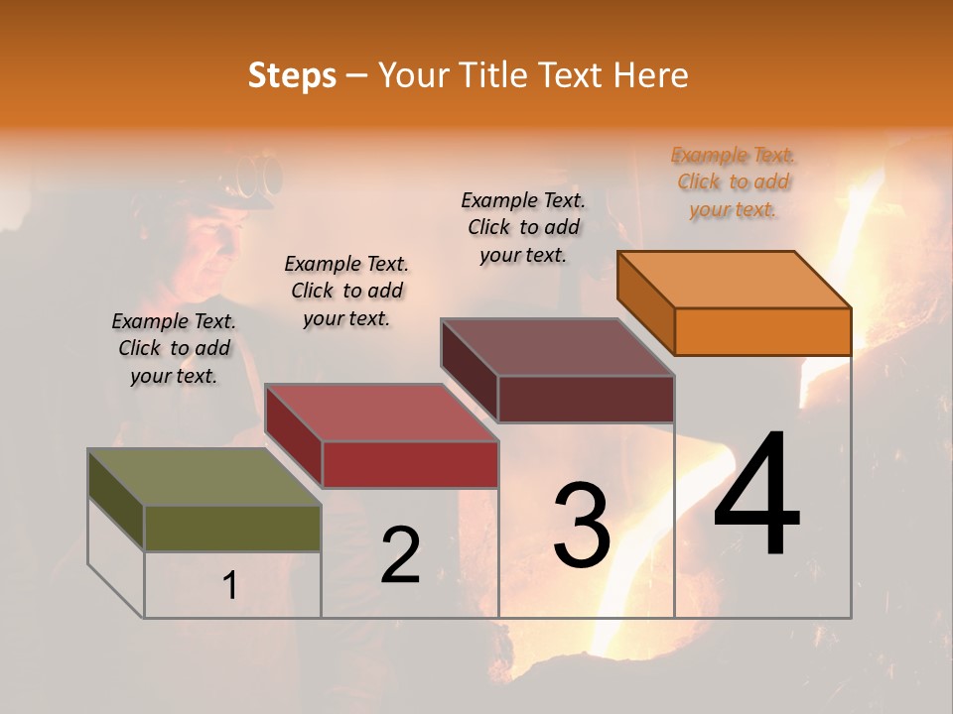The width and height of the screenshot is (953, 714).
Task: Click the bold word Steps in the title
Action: coord(292,75)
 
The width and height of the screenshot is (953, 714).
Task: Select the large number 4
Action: coord(756,495)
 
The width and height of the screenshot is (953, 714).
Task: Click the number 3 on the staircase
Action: coord(582,525)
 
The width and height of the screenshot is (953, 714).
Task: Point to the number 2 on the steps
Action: coord(400,554)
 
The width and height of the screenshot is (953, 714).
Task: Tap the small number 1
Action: coord(229,586)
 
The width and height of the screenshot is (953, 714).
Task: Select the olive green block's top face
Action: coord(204,477)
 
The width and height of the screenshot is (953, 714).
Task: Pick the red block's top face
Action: coord(381,413)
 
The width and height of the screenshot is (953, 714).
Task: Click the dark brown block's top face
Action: coord(558,347)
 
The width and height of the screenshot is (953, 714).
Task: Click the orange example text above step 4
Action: coord(733,181)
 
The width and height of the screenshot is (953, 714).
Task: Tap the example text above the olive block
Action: coord(174,348)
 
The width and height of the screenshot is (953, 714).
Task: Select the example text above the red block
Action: coord(346,291)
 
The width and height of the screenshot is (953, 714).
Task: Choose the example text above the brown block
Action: coord(523,227)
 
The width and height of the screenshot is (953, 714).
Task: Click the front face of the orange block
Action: coord(762,331)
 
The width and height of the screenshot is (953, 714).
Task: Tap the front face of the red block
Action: coord(410,464)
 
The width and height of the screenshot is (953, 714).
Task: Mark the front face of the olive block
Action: coord(232,528)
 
